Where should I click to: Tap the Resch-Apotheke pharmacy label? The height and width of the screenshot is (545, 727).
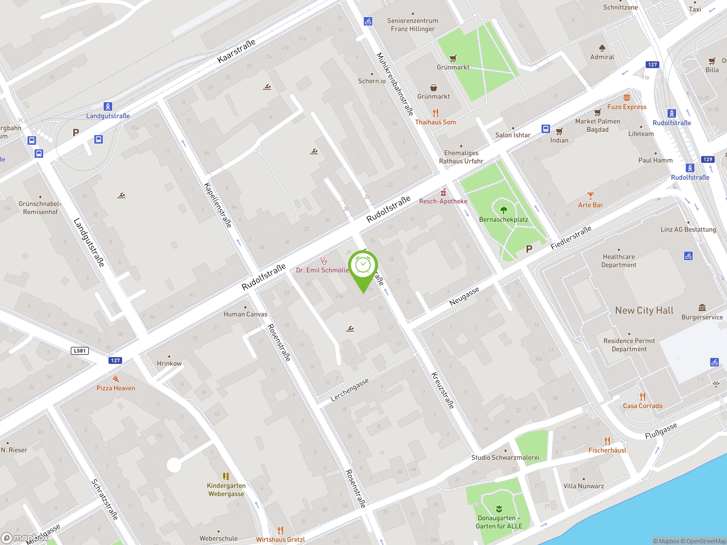pos(443,201)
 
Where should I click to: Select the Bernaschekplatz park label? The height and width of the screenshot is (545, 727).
pos(503,219)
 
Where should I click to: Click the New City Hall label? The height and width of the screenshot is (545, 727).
pos(644,311)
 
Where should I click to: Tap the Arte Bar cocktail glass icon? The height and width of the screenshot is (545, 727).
pos(590,196)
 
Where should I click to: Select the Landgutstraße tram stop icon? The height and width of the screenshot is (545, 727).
pos(108,106)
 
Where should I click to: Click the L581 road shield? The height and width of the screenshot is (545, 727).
pos(80,351)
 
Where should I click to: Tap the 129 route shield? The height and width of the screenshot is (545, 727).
pos(708,159)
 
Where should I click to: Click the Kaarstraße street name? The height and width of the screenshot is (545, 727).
pos(236,51)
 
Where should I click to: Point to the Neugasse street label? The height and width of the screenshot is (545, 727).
pos(464,296)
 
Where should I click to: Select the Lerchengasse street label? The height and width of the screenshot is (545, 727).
pos(349,390)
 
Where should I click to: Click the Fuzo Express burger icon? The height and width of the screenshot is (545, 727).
pos(626,98)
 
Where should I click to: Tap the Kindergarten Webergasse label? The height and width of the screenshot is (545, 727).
pos(226,489)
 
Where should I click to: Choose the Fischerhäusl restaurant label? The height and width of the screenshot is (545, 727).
pos(607,450)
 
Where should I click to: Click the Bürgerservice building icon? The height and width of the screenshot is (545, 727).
pos(702,308)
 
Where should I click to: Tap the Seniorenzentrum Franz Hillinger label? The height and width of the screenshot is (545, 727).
pos(412,25)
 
